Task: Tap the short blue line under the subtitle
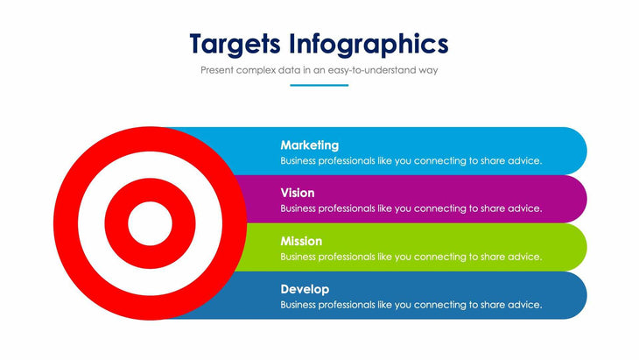pyautogui.click(x=319, y=85)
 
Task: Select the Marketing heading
pyautogui.click(x=309, y=145)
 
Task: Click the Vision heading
pyautogui.click(x=298, y=193)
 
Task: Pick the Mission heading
pyautogui.click(x=301, y=241)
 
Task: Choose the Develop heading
pyautogui.click(x=305, y=289)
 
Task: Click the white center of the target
pyautogui.click(x=150, y=224)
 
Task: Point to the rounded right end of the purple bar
pyautogui.click(x=572, y=199)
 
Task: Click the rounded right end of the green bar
pyautogui.click(x=572, y=247)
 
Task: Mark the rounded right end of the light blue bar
pyautogui.click(x=572, y=151)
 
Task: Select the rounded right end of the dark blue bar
pyautogui.click(x=572, y=295)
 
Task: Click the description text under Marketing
pyautogui.click(x=411, y=161)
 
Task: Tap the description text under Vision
pyautogui.click(x=411, y=208)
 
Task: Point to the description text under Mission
pyautogui.click(x=411, y=257)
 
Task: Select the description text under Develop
pyautogui.click(x=411, y=305)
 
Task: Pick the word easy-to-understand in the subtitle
pyautogui.click(x=376, y=69)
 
